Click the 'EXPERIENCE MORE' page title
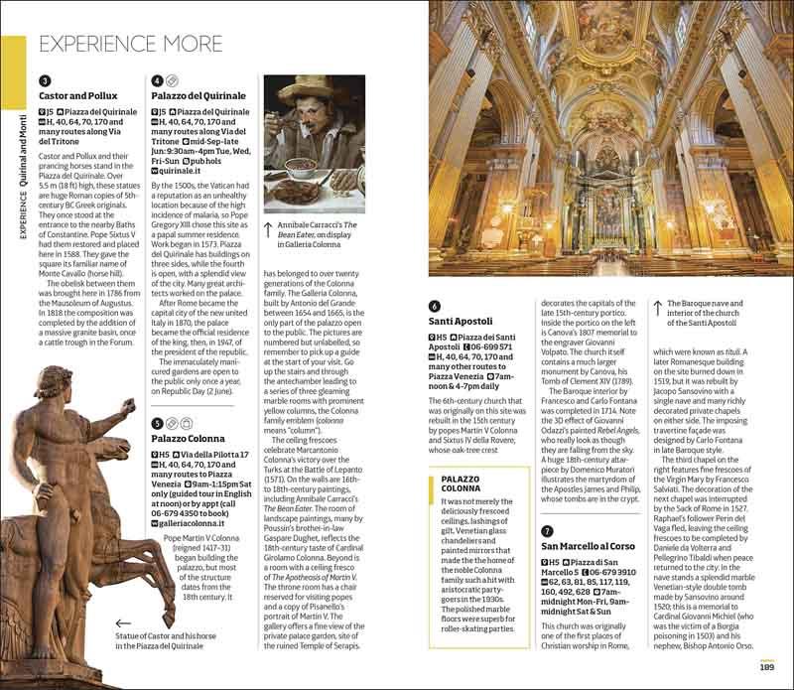pyautogui.click(x=129, y=43)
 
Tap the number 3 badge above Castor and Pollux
pyautogui.click(x=44, y=80)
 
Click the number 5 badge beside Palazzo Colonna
pyautogui.click(x=158, y=423)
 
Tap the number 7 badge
pyautogui.click(x=548, y=531)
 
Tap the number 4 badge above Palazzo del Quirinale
pyautogui.click(x=158, y=80)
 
